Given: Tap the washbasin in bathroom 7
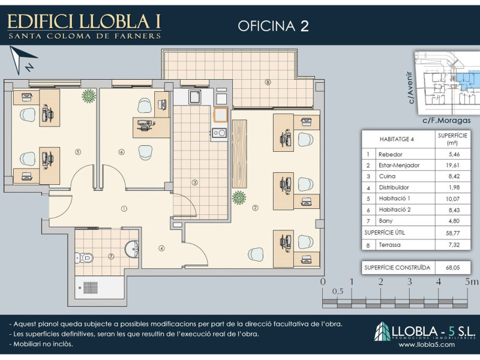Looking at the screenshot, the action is [x=132, y=249].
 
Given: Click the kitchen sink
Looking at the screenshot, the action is [x=194, y=97].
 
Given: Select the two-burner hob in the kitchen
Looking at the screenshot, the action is [x=219, y=133].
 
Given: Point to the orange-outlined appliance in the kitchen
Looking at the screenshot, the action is [x=220, y=115].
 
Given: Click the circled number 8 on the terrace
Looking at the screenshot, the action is [x=268, y=82].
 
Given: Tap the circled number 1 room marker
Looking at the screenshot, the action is [x=124, y=209].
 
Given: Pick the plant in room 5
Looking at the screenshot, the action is [x=89, y=95].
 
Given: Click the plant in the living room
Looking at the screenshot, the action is [x=239, y=197].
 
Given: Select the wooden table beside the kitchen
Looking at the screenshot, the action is [x=239, y=154].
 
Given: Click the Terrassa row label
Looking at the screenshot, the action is [x=389, y=245].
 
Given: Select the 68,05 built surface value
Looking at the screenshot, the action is [x=453, y=268].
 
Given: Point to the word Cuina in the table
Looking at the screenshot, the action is [x=387, y=176].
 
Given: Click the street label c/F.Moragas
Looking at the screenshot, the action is [x=446, y=121].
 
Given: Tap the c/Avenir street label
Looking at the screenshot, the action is [x=410, y=88].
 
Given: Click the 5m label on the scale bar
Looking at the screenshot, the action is [x=471, y=281].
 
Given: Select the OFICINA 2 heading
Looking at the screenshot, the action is [x=273, y=26].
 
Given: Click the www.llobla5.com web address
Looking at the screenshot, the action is [x=427, y=344].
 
